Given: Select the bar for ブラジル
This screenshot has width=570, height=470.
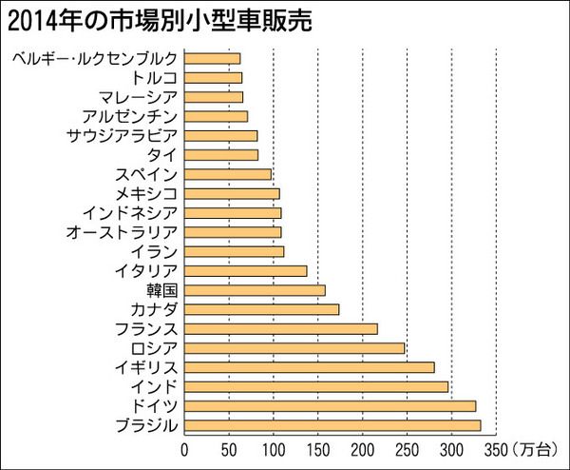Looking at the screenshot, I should coord(332,424).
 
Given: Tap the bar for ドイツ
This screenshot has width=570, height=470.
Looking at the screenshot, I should coord(330,405).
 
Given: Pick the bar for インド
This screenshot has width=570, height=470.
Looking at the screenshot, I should coord(316,386).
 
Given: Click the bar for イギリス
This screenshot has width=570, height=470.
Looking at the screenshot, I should coord(310,366).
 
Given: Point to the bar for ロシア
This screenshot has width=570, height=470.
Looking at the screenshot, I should coord(294,347).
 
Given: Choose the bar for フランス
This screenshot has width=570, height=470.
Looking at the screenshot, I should coord(281,328).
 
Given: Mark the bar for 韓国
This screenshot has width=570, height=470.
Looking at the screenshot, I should coord(255,289).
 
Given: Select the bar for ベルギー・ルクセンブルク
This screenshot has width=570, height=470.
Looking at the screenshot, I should coord(212,58).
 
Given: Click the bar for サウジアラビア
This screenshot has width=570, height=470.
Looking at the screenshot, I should coord(220,135).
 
